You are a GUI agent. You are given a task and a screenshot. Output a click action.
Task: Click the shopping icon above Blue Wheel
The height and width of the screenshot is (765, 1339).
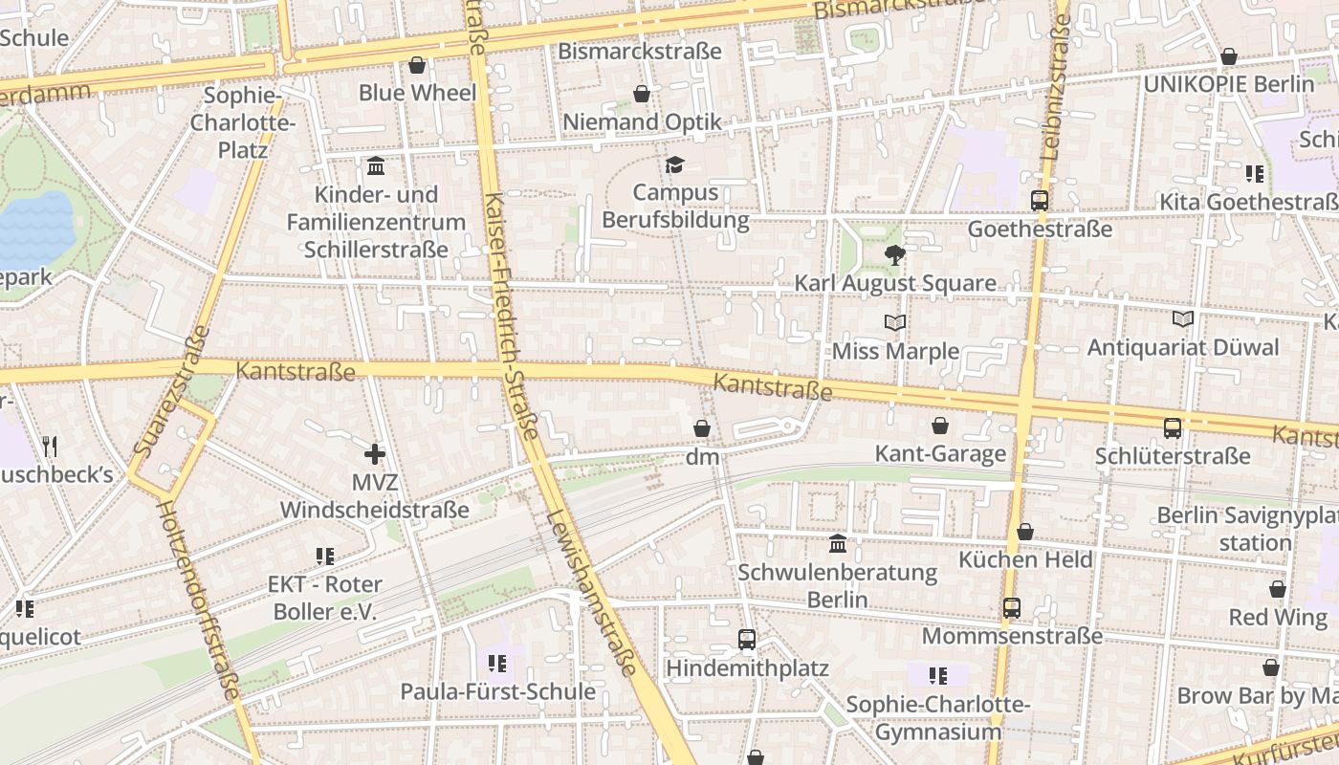point(417,65)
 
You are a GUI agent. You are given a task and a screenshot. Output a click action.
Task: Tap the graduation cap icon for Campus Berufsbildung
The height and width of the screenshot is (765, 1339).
point(675,164)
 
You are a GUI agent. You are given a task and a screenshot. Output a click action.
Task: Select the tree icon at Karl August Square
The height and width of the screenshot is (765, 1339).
point(895,254)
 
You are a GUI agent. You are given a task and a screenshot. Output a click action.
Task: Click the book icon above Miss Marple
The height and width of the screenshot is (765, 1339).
point(895,323)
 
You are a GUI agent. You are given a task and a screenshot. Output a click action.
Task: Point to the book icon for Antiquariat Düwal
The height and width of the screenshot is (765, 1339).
point(1183,318)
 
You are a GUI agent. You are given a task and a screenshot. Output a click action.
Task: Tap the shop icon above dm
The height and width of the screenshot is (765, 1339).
point(702,428)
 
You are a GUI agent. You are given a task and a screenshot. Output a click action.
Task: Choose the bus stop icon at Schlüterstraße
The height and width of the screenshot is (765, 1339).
point(1173,427)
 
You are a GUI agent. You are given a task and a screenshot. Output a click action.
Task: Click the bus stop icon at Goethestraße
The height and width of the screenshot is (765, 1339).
point(1040,201)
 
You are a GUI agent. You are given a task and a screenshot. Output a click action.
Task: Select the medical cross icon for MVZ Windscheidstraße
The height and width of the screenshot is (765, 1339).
point(375,454)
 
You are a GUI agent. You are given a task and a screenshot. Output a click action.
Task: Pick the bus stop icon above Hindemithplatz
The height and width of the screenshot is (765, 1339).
point(747,639)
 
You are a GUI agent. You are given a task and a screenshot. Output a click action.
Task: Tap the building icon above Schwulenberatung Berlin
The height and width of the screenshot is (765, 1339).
point(838,544)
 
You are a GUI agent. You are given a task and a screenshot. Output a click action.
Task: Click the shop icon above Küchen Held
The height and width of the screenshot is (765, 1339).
point(1025,532)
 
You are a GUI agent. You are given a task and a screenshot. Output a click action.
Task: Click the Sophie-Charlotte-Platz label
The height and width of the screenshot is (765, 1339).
point(243,122)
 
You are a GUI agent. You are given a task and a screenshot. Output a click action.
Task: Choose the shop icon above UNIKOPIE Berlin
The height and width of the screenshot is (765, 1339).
point(1229,57)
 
